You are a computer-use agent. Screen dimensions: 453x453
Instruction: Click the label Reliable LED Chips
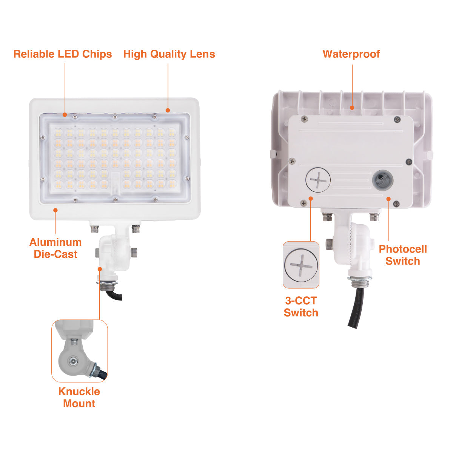[x=63, y=54]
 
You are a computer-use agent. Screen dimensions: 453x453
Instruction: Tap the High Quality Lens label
[x=169, y=54]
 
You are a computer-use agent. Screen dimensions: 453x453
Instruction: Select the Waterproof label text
[x=351, y=54]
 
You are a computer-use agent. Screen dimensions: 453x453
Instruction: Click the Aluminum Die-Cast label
[x=55, y=248]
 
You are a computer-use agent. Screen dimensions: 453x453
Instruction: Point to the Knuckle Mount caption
[x=79, y=398]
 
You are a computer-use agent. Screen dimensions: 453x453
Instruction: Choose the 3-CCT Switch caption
[x=301, y=307]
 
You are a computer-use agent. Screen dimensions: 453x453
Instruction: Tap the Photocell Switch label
[x=403, y=255]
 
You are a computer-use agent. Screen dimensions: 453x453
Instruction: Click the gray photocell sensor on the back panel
[x=383, y=180]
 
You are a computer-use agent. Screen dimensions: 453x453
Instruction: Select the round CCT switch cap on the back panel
[x=318, y=180]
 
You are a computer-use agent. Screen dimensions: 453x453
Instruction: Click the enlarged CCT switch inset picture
[x=301, y=265]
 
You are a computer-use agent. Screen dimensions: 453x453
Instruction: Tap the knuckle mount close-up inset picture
[x=79, y=351]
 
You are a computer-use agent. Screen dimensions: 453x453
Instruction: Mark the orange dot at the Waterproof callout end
[x=352, y=108]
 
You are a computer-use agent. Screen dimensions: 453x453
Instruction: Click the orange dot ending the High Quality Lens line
[x=168, y=110]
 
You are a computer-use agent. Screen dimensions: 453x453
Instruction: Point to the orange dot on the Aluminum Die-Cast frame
[x=55, y=210]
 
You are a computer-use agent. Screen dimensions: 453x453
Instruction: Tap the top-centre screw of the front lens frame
[x=115, y=116]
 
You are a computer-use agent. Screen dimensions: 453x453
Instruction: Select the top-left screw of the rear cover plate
[x=305, y=119]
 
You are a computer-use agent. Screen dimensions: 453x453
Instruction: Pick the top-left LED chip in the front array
[x=58, y=133]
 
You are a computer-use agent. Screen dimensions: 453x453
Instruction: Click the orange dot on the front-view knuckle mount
[x=100, y=269]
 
